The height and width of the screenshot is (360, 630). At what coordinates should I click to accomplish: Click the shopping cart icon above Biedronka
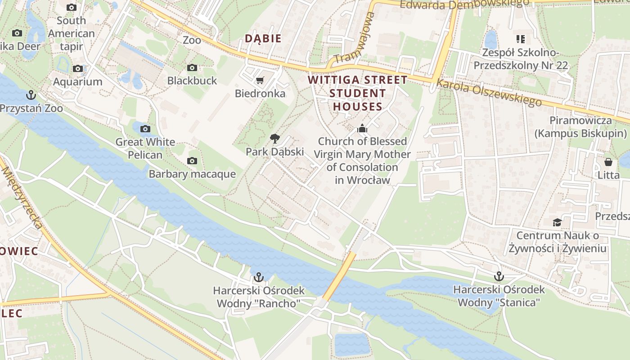(260, 81)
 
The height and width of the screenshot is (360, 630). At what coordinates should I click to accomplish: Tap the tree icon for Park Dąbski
(274, 139)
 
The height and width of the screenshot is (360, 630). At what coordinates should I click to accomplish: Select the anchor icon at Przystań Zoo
(31, 95)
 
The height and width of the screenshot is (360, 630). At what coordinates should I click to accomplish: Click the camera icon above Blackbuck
(192, 68)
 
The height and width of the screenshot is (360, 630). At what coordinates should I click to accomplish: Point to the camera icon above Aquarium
(78, 69)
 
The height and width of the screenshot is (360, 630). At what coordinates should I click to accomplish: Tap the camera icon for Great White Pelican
(145, 129)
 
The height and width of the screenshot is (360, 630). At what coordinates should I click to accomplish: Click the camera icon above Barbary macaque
(192, 161)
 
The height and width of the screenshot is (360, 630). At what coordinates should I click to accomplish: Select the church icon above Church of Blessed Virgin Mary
(362, 129)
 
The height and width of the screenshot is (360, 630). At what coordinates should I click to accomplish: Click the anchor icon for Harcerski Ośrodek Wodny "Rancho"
(259, 277)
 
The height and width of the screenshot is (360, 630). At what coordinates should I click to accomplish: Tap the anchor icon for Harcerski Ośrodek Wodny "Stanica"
(499, 276)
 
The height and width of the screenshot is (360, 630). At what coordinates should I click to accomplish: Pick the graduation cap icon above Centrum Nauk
(557, 222)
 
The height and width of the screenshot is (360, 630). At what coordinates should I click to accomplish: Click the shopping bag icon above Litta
(608, 162)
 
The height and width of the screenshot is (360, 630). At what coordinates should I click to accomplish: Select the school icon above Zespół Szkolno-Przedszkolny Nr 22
(521, 39)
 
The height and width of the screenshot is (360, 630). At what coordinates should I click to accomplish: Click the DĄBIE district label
(263, 39)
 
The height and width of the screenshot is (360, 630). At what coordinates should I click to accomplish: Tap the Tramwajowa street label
(355, 38)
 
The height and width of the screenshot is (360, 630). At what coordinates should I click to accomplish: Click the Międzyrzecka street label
(22, 198)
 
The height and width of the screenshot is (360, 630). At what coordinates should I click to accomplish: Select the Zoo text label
(192, 40)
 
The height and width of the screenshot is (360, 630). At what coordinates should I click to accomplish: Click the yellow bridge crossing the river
(338, 277)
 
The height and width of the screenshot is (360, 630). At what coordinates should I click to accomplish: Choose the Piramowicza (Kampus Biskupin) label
(580, 127)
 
